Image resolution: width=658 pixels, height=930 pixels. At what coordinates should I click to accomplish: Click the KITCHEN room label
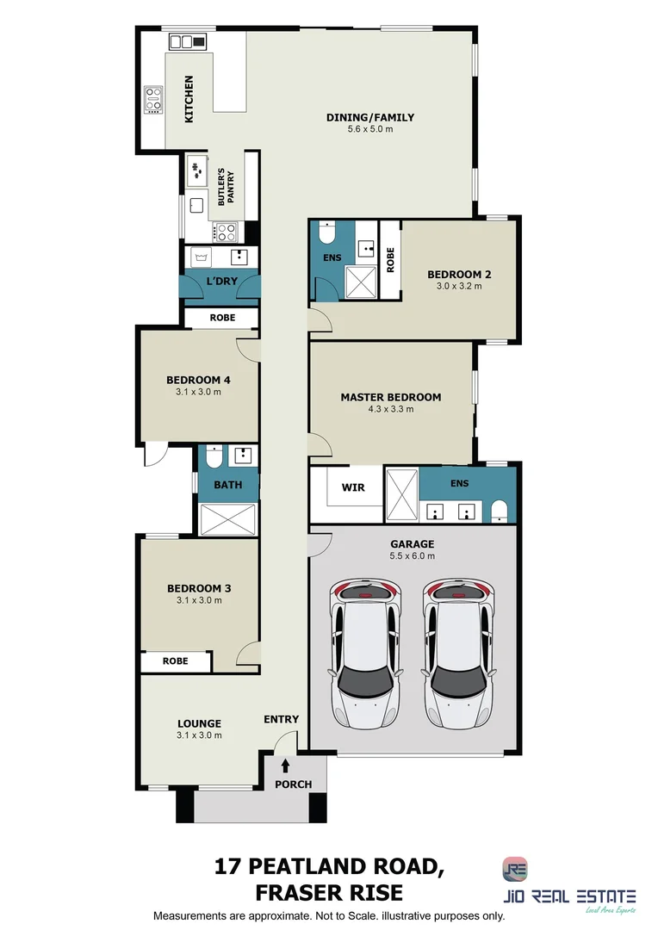coord(189,97)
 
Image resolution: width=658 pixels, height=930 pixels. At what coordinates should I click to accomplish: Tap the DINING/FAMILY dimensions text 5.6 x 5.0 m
coord(370,130)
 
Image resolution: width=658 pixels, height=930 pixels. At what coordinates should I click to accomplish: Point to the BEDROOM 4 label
coord(198,380)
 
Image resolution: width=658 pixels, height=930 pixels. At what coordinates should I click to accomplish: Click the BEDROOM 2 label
coord(459,275)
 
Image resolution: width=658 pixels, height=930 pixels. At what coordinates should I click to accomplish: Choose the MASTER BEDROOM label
coord(390,397)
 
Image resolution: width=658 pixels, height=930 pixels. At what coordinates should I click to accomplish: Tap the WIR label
coord(353,487)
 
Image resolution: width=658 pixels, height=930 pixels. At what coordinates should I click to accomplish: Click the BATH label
coord(228,485)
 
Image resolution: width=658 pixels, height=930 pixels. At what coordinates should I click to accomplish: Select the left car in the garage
coord(365,652)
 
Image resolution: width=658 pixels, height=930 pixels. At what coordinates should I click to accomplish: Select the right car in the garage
coord(458,652)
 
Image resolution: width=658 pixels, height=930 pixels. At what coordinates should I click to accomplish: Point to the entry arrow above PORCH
coord(286,765)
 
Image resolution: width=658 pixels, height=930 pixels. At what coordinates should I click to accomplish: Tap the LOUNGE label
coord(199,723)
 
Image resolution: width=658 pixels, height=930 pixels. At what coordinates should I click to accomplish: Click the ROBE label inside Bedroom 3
coord(176,661)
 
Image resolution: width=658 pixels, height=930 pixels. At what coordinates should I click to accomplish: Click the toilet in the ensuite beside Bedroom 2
coord(326,234)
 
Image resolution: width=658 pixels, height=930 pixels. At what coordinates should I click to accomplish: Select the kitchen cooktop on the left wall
coord(153,100)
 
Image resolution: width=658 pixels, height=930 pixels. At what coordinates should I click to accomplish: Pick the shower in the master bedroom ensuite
coord(401,494)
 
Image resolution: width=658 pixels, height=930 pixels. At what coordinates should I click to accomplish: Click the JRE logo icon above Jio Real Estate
coord(516,869)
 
